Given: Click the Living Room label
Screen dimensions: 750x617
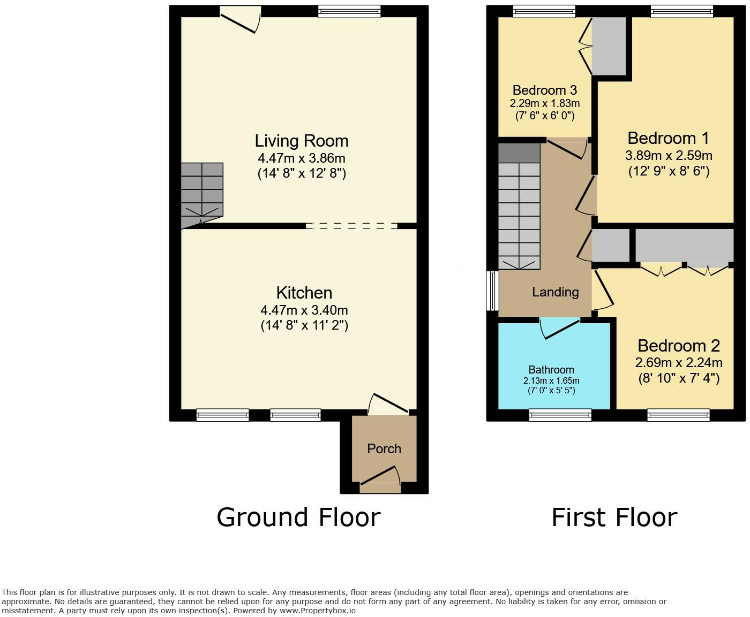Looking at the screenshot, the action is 302,141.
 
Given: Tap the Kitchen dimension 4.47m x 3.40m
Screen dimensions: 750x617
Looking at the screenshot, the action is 304,310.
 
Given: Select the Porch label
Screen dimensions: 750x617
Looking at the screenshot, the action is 384,448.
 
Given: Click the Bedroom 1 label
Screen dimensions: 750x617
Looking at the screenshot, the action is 668,138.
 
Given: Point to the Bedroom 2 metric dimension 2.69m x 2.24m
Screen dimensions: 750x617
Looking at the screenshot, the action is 679,362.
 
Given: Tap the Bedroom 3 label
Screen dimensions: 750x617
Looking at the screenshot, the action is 544,90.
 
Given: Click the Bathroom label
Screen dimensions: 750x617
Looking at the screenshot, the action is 551,369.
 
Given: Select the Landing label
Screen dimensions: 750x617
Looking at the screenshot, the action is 556,292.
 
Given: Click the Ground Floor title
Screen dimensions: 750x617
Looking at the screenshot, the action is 298,517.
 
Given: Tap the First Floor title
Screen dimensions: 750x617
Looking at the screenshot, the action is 614,517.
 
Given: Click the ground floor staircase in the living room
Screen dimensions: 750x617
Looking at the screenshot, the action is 202,195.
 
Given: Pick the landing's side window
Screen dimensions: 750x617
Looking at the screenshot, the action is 492,291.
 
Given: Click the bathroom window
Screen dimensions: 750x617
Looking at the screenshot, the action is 560,415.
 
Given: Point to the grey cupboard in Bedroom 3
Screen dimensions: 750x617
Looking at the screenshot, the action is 609,47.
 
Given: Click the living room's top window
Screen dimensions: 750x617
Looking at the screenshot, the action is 349,11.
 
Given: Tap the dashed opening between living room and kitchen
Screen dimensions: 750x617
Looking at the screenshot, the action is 351,226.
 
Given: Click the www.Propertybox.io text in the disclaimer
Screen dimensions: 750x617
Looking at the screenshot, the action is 318,611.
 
